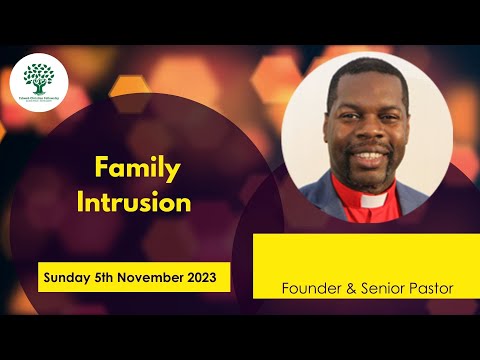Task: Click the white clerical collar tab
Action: click(x=373, y=200)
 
